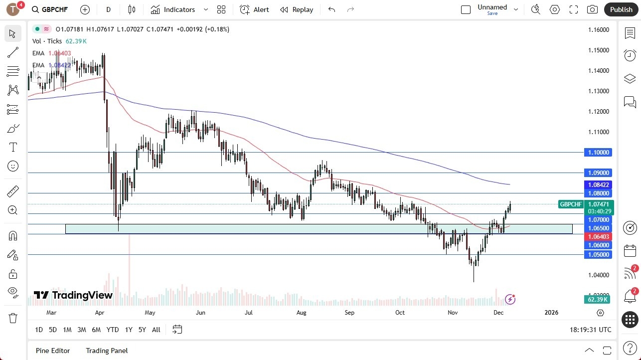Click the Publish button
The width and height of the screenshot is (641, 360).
tap(621, 9)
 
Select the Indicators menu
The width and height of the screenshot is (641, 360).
tap(179, 9)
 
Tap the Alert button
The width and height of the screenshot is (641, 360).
tap(254, 9)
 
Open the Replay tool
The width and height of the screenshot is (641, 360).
tap(297, 9)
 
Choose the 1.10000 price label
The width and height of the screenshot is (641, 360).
tap(597, 153)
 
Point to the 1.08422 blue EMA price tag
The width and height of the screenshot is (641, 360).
tap(597, 184)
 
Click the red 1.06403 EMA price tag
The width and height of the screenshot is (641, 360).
tap(597, 237)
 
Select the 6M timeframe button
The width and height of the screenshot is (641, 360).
tap(96, 330)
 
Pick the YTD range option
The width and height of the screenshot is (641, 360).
tap(113, 330)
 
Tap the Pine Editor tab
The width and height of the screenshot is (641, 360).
tap(53, 351)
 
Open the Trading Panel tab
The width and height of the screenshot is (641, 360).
tap(107, 351)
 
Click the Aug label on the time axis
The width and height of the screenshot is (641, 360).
tap(301, 313)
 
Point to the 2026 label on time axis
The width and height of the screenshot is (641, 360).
tap(551, 313)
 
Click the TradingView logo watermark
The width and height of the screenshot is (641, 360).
tap(73, 295)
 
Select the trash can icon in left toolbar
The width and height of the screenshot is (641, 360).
tap(13, 318)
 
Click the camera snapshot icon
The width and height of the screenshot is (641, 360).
tap(592, 9)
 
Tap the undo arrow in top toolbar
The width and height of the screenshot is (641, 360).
tap(332, 9)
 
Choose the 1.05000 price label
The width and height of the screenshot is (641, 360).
tap(597, 255)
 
